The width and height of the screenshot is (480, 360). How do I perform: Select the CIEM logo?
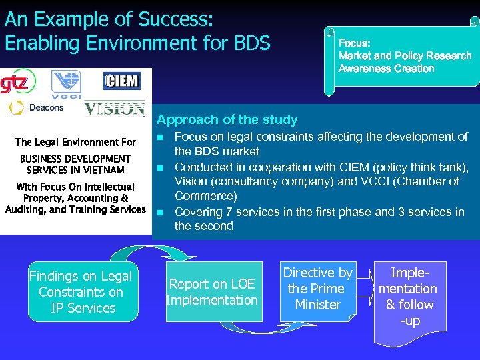121,81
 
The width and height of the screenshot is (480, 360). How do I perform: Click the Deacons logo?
37,108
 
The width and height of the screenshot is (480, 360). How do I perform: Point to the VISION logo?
114,108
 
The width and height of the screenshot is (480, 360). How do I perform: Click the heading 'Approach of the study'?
227,120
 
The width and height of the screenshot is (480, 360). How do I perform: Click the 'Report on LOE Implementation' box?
212,292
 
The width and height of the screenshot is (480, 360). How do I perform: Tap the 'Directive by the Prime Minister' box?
318,289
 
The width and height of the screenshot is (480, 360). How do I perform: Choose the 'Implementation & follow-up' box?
407,297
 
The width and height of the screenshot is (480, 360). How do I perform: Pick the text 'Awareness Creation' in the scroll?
386,69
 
